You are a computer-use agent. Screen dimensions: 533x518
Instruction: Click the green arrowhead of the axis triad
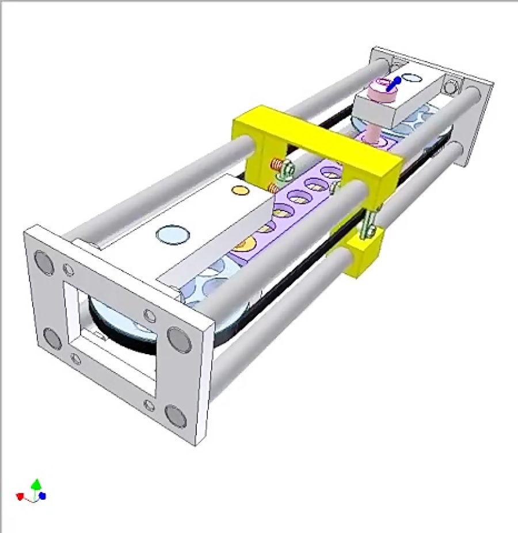36,484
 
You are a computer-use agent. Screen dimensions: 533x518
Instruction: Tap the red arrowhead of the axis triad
20,496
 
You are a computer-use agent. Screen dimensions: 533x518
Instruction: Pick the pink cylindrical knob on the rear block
378,90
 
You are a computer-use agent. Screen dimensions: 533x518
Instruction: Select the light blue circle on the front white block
173,235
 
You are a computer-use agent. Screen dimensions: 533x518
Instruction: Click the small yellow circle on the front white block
238,190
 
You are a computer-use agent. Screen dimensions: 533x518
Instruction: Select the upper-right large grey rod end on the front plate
179,339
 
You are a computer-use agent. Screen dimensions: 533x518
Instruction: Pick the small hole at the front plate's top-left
68,269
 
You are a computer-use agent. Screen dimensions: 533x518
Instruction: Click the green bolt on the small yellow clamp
368,221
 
